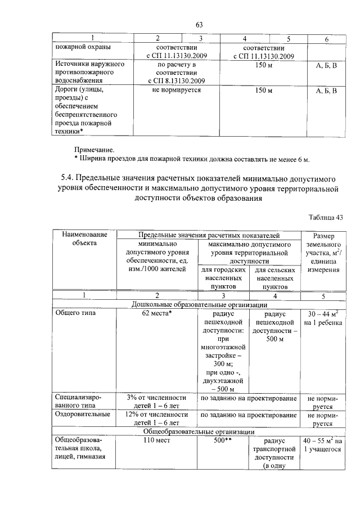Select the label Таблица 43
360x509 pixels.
pos(325,217)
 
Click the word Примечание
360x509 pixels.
pos(94,150)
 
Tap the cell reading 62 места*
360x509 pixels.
pos(157,313)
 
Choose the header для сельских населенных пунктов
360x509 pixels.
pos(276,278)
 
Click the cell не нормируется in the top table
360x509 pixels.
pos(176,90)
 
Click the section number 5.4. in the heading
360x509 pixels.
pos(69,178)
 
